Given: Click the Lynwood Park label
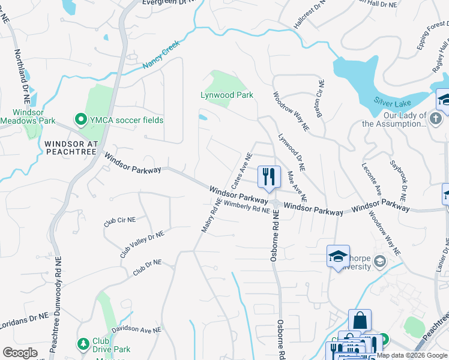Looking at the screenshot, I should pos(226,95).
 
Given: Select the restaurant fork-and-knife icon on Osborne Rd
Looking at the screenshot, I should pos(268,176).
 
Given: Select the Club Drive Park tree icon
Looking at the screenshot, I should pos(83,344).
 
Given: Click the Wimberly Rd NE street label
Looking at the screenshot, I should pos(248,208).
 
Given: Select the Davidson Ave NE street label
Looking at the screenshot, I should pos(137,330).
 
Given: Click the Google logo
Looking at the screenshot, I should pos(20,353).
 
